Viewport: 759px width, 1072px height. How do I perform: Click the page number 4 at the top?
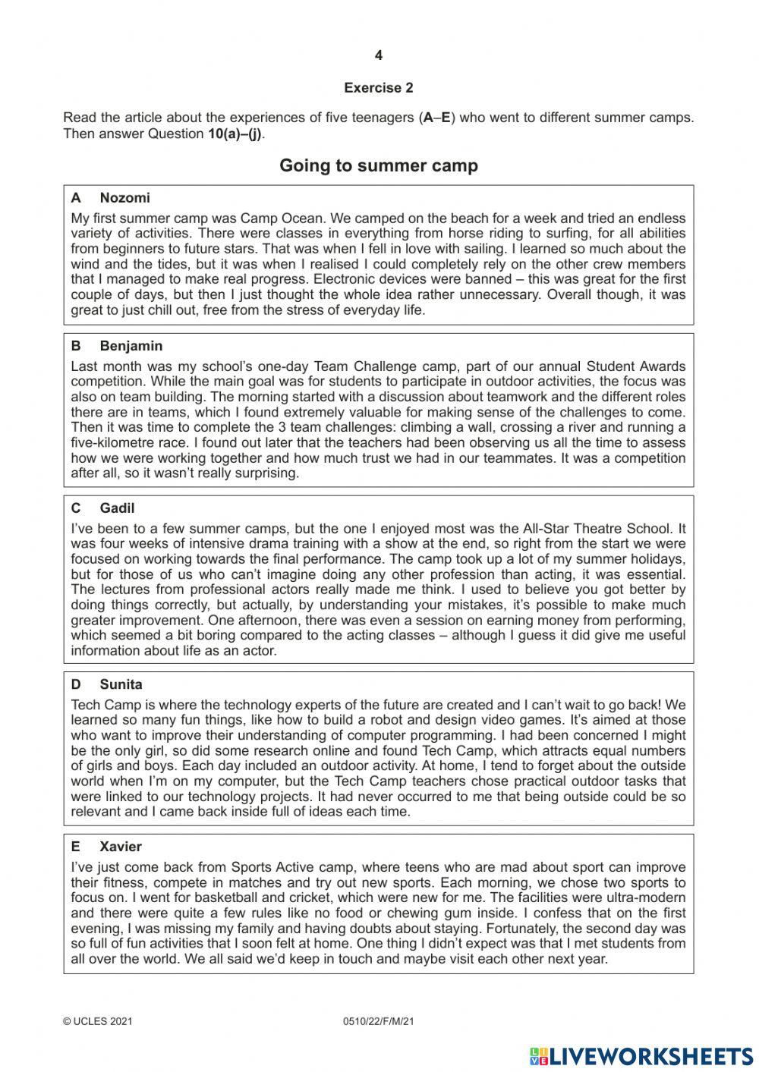click(379, 55)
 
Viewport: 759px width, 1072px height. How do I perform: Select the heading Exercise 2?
click(378, 88)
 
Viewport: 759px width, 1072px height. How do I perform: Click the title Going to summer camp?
click(378, 165)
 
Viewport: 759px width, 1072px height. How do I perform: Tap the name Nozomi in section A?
click(124, 198)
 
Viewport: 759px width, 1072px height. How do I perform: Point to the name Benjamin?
click(131, 346)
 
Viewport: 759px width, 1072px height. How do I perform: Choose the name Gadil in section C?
click(117, 508)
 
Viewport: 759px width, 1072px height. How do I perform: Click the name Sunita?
click(121, 684)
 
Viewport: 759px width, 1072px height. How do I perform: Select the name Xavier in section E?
click(121, 847)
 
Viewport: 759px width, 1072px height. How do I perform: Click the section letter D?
click(76, 684)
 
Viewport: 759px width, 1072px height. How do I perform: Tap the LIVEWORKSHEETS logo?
click(641, 1056)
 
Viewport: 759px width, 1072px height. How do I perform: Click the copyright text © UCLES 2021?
click(98, 1022)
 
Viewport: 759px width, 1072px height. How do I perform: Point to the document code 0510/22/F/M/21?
click(379, 1022)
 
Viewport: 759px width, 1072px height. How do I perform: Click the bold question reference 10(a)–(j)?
click(235, 134)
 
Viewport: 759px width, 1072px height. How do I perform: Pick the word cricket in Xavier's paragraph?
click(260, 898)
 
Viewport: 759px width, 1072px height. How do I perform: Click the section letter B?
click(76, 346)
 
